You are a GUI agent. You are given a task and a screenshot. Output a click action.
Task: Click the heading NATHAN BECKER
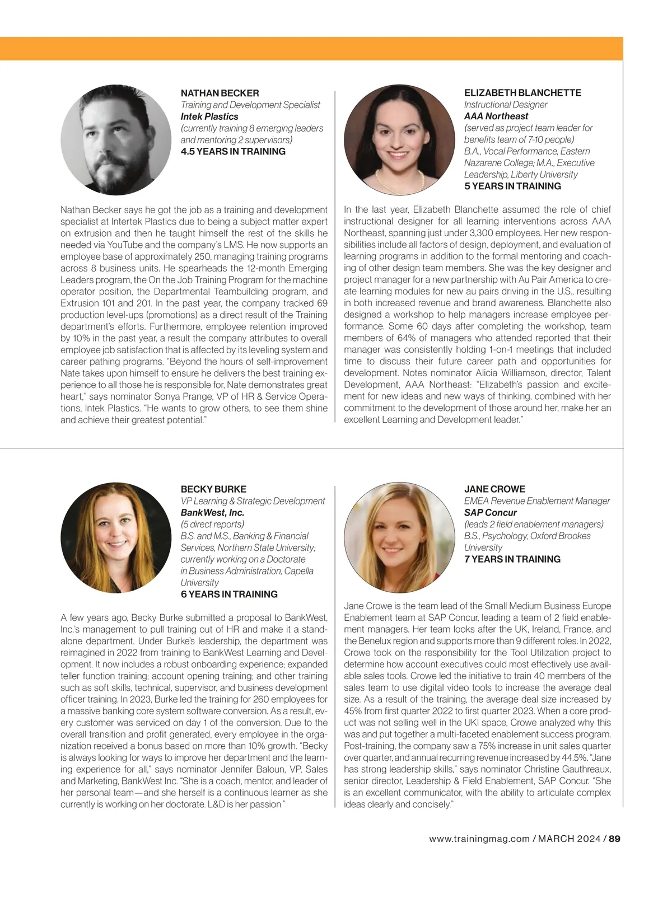click(220, 93)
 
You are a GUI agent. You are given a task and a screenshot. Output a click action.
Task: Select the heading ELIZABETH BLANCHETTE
click(522, 92)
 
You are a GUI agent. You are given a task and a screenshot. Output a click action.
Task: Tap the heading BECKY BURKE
click(213, 489)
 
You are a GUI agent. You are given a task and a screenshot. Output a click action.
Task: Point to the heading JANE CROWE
click(494, 489)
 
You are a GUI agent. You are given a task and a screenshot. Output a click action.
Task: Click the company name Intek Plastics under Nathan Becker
click(209, 116)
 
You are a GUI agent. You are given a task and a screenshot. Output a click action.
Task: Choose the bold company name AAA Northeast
click(496, 116)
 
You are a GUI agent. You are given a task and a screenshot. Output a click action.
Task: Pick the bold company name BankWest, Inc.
click(212, 512)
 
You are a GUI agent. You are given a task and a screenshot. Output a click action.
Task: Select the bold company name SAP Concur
click(490, 512)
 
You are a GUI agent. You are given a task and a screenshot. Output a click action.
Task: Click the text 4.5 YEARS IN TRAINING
click(233, 151)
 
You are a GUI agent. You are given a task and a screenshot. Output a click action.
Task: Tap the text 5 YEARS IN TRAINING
click(512, 186)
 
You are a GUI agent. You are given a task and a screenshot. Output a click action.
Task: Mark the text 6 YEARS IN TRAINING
click(229, 594)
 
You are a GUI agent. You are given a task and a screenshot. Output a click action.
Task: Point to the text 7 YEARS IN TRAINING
click(512, 559)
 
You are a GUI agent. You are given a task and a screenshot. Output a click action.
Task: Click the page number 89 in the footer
click(615, 839)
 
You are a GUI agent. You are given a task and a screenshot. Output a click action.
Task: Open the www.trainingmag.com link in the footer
click(479, 839)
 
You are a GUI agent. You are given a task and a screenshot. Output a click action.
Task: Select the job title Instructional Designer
click(506, 104)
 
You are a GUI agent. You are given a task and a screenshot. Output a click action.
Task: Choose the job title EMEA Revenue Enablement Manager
click(536, 500)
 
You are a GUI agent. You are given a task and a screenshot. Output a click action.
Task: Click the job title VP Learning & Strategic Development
click(253, 500)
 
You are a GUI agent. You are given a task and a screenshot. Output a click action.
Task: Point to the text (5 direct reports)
click(212, 524)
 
